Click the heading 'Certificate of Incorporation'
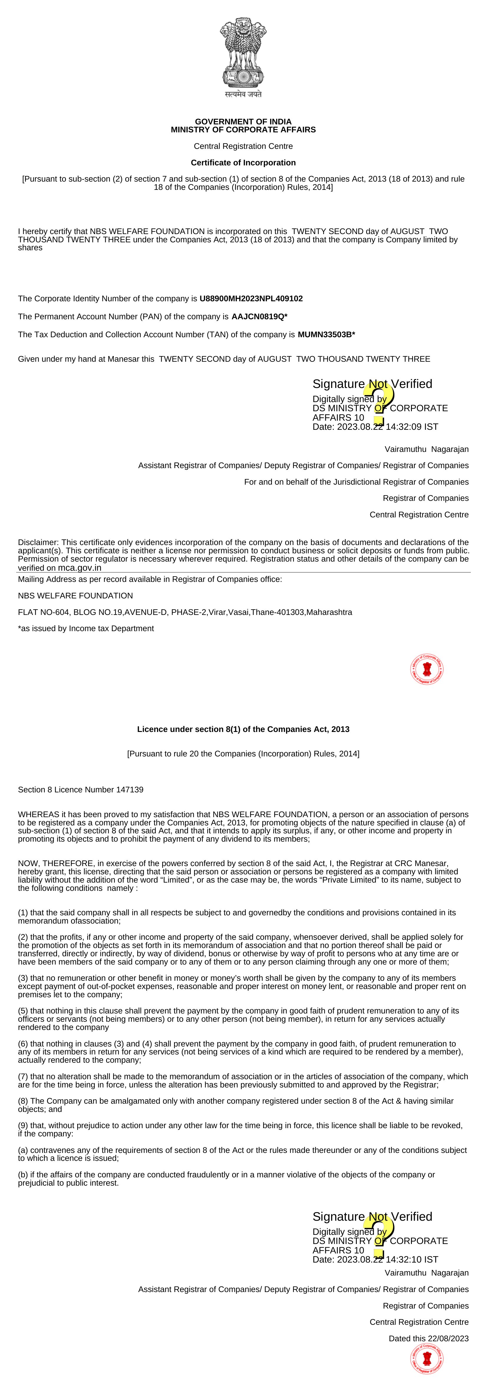(243, 163)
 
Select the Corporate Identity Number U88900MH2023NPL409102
(251, 299)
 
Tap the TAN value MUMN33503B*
(326, 335)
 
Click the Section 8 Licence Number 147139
(129, 790)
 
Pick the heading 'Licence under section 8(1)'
(243, 729)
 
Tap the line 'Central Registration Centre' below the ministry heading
(243, 146)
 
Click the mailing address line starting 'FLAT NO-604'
(185, 612)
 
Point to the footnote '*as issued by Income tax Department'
(86, 628)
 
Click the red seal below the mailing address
(427, 669)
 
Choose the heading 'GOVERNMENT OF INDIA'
(243, 121)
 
